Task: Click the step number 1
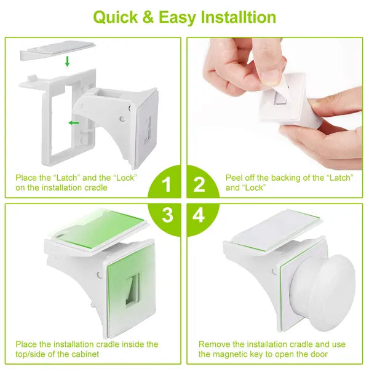(165, 184)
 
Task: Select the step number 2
(199, 184)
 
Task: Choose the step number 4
(199, 216)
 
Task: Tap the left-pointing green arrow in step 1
(74, 123)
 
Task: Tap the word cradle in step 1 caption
(93, 187)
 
